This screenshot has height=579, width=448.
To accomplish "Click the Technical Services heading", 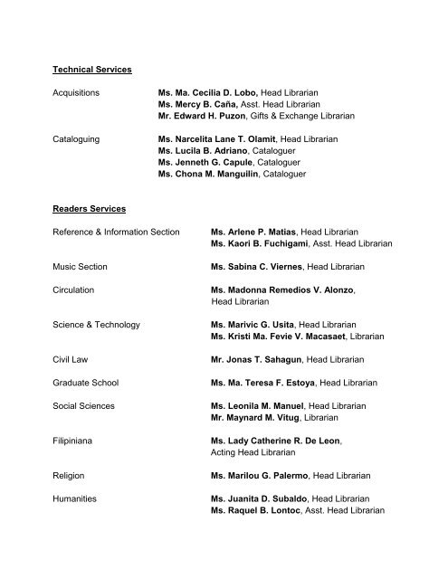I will click(x=93, y=70).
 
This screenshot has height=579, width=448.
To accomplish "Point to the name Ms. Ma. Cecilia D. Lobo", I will click(x=207, y=92).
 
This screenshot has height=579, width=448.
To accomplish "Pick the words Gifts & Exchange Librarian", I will click(x=303, y=116).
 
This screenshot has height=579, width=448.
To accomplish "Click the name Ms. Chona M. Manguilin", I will click(x=209, y=173).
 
